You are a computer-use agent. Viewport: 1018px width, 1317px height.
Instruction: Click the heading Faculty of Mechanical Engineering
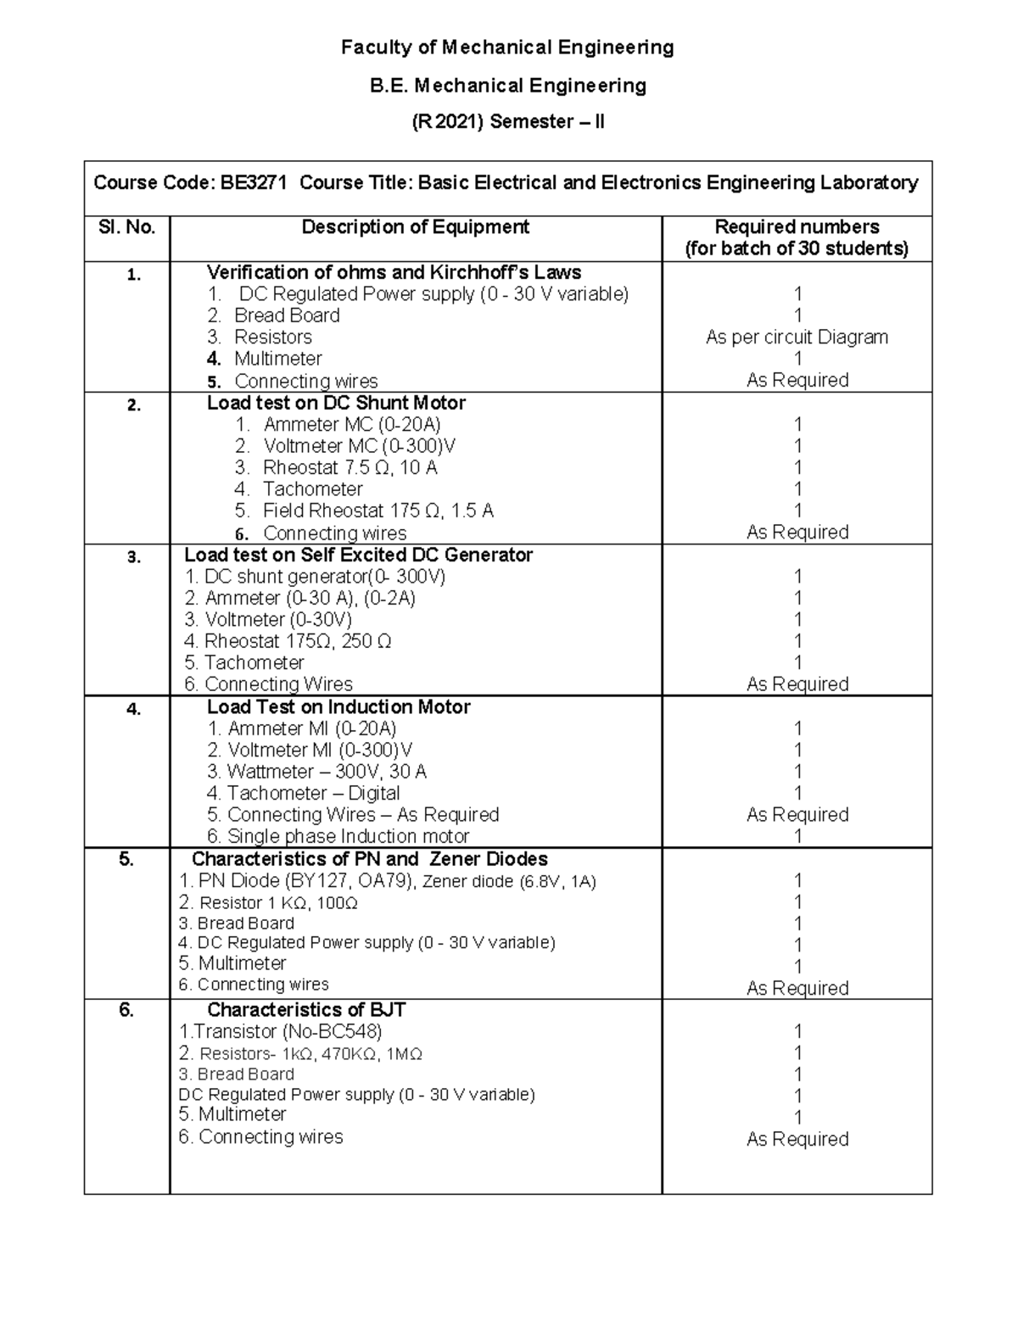pos(507,47)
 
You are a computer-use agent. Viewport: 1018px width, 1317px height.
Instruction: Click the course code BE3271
pos(254,182)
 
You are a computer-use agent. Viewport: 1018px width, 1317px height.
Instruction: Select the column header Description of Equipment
pos(415,227)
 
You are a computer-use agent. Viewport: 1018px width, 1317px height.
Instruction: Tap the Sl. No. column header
pos(126,227)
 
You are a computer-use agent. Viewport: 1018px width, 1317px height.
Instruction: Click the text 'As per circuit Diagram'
pos(797,337)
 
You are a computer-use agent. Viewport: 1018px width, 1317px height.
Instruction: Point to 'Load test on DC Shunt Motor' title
pos(336,403)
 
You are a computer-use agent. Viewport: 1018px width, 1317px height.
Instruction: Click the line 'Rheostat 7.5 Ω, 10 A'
pos(350,467)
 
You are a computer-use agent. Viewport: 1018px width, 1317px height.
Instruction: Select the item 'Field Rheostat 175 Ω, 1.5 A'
pos(378,511)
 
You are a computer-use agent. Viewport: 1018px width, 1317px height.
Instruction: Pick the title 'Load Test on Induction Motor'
pos(338,707)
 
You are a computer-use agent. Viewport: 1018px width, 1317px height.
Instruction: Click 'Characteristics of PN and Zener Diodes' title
pos(369,859)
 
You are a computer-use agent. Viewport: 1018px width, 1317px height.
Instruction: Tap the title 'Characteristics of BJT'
pos(306,1010)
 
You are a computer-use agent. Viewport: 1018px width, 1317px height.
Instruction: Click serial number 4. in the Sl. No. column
pos(133,709)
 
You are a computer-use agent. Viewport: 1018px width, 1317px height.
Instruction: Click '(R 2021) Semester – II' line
pos(507,122)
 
